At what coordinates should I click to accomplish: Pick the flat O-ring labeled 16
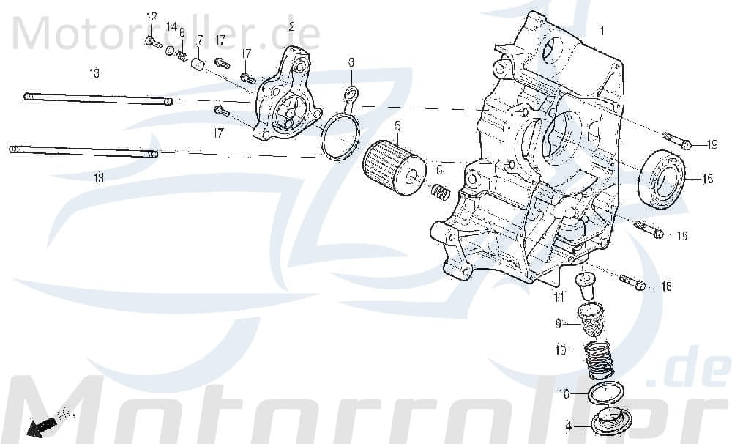pyautogui.click(x=605, y=392)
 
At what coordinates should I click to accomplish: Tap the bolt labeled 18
pyautogui.click(x=633, y=282)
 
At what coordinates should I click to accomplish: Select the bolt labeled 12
pyautogui.click(x=153, y=42)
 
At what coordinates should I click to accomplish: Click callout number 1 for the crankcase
pyautogui.click(x=602, y=32)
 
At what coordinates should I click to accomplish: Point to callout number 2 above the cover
pyautogui.click(x=291, y=27)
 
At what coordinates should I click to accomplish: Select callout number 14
pyautogui.click(x=171, y=27)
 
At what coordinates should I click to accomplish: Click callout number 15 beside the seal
pyautogui.click(x=708, y=179)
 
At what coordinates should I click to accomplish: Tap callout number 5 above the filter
pyautogui.click(x=397, y=125)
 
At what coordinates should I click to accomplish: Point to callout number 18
pyautogui.click(x=666, y=286)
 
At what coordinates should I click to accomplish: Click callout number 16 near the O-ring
pyautogui.click(x=564, y=393)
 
